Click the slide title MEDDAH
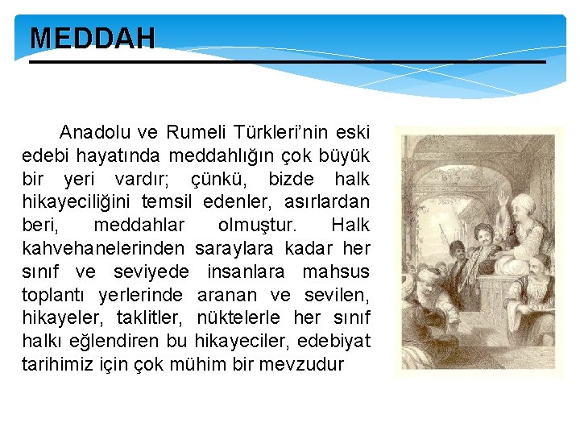tap(92, 39)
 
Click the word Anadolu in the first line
tap(90, 131)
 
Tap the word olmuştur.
tap(258, 225)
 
